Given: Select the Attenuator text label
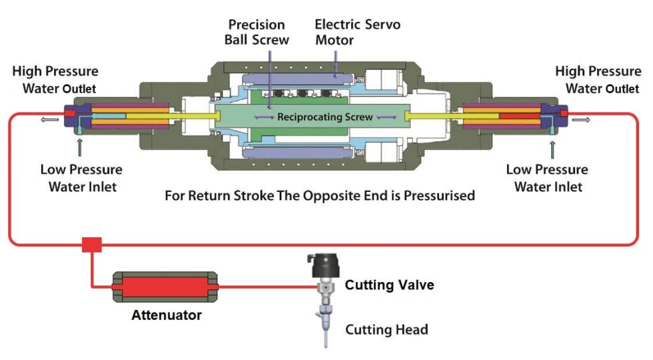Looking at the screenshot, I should point(166,315).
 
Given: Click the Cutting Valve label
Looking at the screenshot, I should point(389,285).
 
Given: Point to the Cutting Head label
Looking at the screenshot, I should point(386,329).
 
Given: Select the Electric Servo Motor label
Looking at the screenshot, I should point(357,32).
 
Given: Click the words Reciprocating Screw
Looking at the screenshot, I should point(325,117).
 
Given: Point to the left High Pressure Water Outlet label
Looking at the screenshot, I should point(55,79).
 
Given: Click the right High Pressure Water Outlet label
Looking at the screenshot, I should point(598,79).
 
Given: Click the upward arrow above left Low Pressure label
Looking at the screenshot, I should point(81,145).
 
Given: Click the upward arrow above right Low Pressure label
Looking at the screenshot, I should point(552,145).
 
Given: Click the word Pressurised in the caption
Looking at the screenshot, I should point(436,196).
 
